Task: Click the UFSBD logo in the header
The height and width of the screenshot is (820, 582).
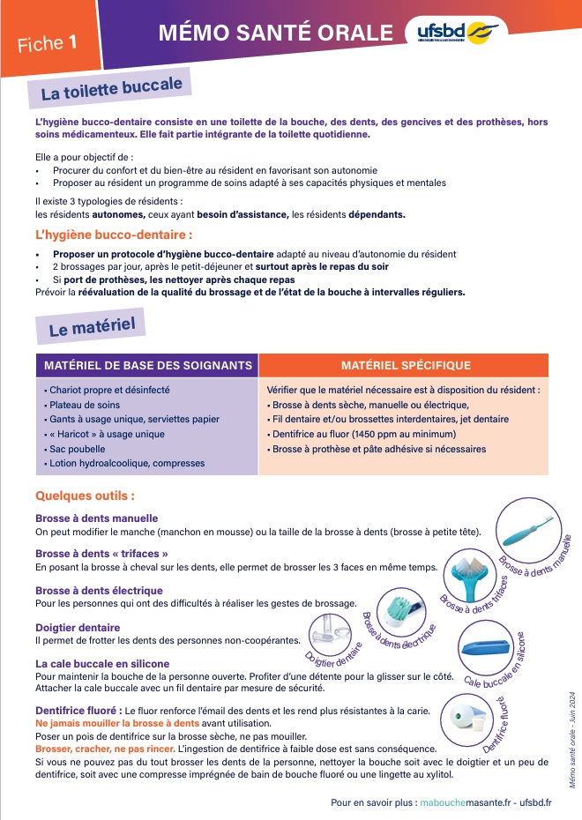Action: (459, 33)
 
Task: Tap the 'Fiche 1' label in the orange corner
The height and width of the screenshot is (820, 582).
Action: (46, 42)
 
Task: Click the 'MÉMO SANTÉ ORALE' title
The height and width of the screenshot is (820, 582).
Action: (276, 34)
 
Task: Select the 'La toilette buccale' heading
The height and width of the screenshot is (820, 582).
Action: (111, 89)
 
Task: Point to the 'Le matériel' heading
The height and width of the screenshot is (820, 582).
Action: (86, 329)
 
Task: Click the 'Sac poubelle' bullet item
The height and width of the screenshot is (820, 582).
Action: (71, 449)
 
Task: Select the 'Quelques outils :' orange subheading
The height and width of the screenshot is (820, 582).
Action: (85, 496)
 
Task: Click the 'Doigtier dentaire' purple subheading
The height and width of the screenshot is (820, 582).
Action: (78, 628)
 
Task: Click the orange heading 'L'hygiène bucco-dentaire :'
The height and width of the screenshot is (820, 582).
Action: (113, 235)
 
